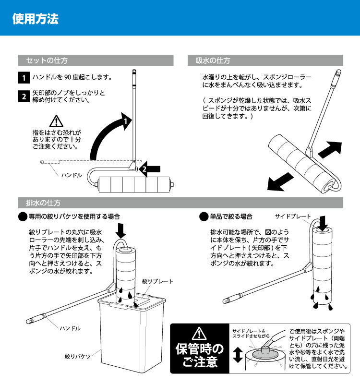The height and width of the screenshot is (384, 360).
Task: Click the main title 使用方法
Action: [x=35, y=19]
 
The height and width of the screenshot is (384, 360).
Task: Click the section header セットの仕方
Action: [x=47, y=61]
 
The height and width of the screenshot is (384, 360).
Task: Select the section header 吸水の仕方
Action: [x=213, y=61]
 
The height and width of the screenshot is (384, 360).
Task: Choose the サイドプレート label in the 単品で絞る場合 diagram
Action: [x=293, y=216]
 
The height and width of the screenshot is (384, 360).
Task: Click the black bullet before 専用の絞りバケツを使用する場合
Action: [x=23, y=217]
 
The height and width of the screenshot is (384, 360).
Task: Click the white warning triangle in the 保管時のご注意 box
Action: [x=199, y=333]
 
